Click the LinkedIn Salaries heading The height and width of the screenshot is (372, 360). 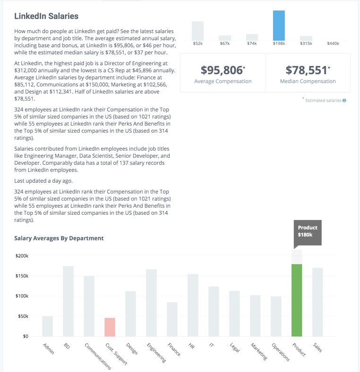coord(46,16)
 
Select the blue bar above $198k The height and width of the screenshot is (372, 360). coord(279,25)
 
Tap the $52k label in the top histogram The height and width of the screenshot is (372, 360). coord(197,43)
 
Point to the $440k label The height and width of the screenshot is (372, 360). coord(333,43)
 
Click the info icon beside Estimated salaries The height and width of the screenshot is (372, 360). coord(344,101)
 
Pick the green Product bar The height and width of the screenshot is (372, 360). coord(297,300)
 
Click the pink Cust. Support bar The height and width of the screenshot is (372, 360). coord(110,327)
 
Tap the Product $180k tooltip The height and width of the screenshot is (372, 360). coord(308,232)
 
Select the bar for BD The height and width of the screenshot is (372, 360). coord(68,301)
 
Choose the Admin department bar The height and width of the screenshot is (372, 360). coord(48,326)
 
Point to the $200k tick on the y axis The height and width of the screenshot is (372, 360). coord(22,256)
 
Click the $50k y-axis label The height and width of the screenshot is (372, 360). coord(23,316)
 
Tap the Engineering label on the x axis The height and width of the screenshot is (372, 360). coord(156,353)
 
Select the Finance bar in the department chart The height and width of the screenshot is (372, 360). coord(172,319)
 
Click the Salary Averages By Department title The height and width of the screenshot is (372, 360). coord(59,238)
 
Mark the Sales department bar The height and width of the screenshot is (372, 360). coord(317,302)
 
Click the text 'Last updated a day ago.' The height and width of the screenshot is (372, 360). coord(43,181)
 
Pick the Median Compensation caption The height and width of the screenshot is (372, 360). coord(308,81)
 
